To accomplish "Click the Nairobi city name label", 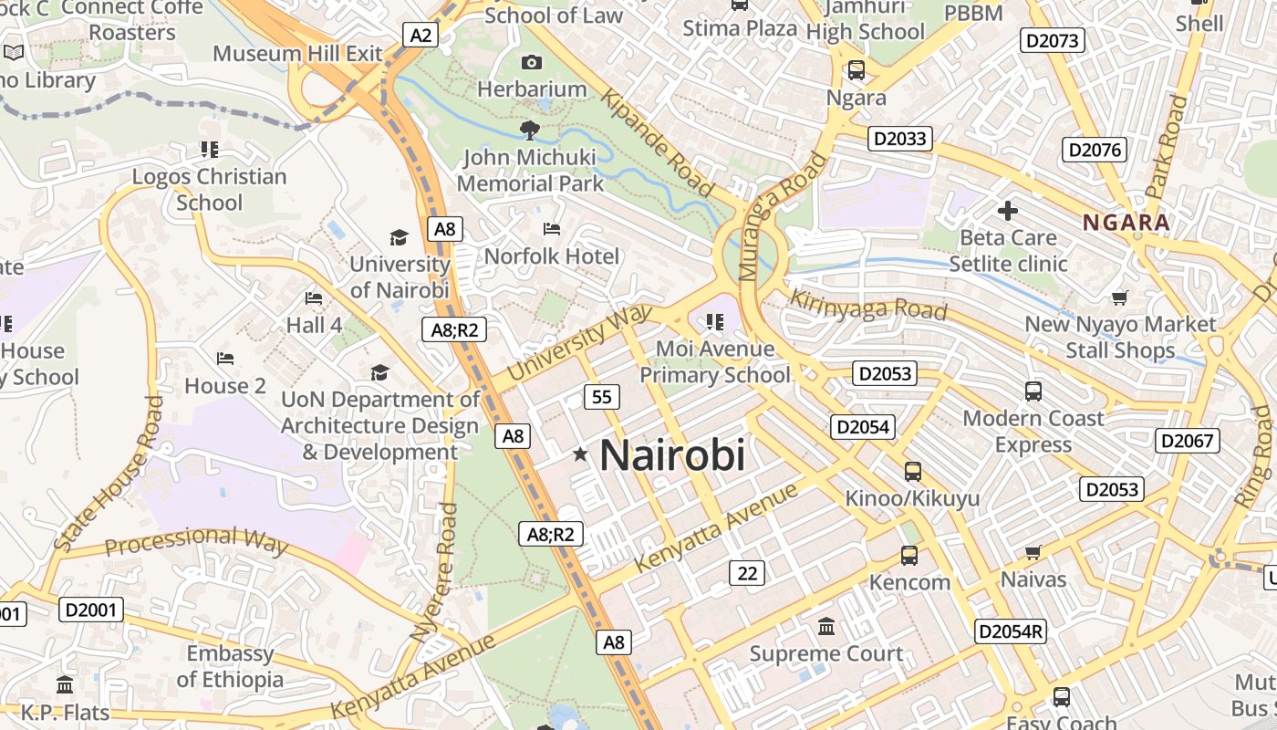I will point(672,454).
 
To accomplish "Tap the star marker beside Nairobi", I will point(580,454).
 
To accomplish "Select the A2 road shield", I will point(420,36).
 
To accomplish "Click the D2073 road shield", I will point(1053,40).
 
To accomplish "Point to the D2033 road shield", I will point(899,139).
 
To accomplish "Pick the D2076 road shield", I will point(1095,150).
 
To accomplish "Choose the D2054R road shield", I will point(1010,631).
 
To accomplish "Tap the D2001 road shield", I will point(91,609).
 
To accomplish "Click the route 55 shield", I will point(602,397).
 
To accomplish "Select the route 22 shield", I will point(747,573).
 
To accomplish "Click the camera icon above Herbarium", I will point(531,62).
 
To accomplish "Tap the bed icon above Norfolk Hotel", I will point(551,228).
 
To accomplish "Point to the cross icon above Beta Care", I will point(1007,212).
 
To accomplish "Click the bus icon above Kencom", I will point(908,555).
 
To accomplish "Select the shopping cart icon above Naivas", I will point(1033,552).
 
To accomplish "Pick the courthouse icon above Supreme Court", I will point(826,626).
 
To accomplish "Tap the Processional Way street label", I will point(196,540).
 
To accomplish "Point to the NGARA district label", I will point(1126,223).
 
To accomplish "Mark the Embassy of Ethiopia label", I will point(230,666).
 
